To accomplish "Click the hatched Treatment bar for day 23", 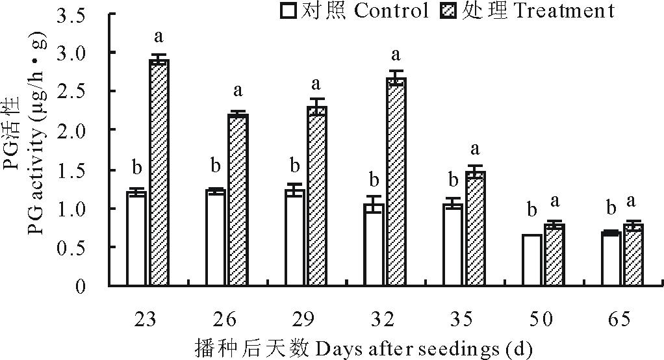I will point(159,172).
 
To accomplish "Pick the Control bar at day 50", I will point(531,260).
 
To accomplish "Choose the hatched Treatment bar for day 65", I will point(633,255).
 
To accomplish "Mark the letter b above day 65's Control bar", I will point(611,208).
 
